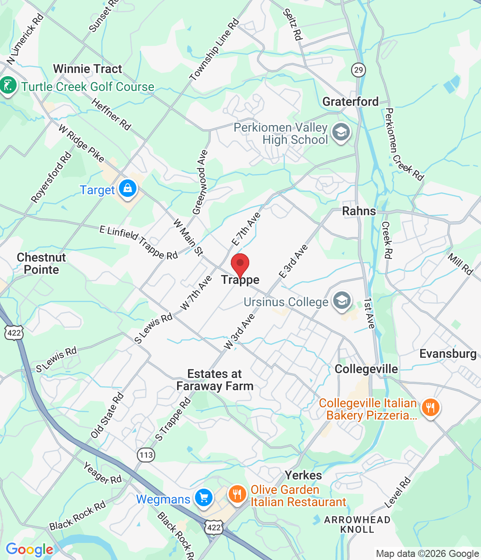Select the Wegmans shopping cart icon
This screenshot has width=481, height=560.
203,498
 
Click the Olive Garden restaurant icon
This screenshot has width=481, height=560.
237,495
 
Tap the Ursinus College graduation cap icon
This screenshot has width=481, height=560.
342,301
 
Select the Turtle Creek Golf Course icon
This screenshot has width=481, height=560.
8,85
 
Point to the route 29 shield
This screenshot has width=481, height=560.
359,70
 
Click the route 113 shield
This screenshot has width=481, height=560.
146,455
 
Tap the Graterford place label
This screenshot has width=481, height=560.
350,101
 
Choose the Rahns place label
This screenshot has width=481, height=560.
359,211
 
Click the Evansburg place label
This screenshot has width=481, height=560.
448,353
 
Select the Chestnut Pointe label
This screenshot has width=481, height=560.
41,263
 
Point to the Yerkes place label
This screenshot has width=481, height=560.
303,475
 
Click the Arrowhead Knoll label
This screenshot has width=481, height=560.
357,525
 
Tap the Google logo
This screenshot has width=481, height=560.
29,549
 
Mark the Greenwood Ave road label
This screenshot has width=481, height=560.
200,182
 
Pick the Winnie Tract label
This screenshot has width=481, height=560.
87,69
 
